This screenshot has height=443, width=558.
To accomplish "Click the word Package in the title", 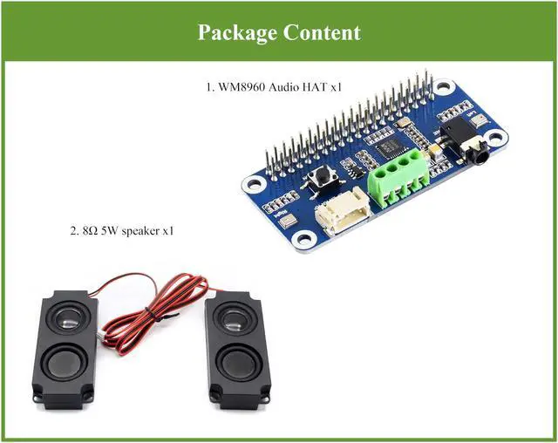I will click(x=235, y=32).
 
